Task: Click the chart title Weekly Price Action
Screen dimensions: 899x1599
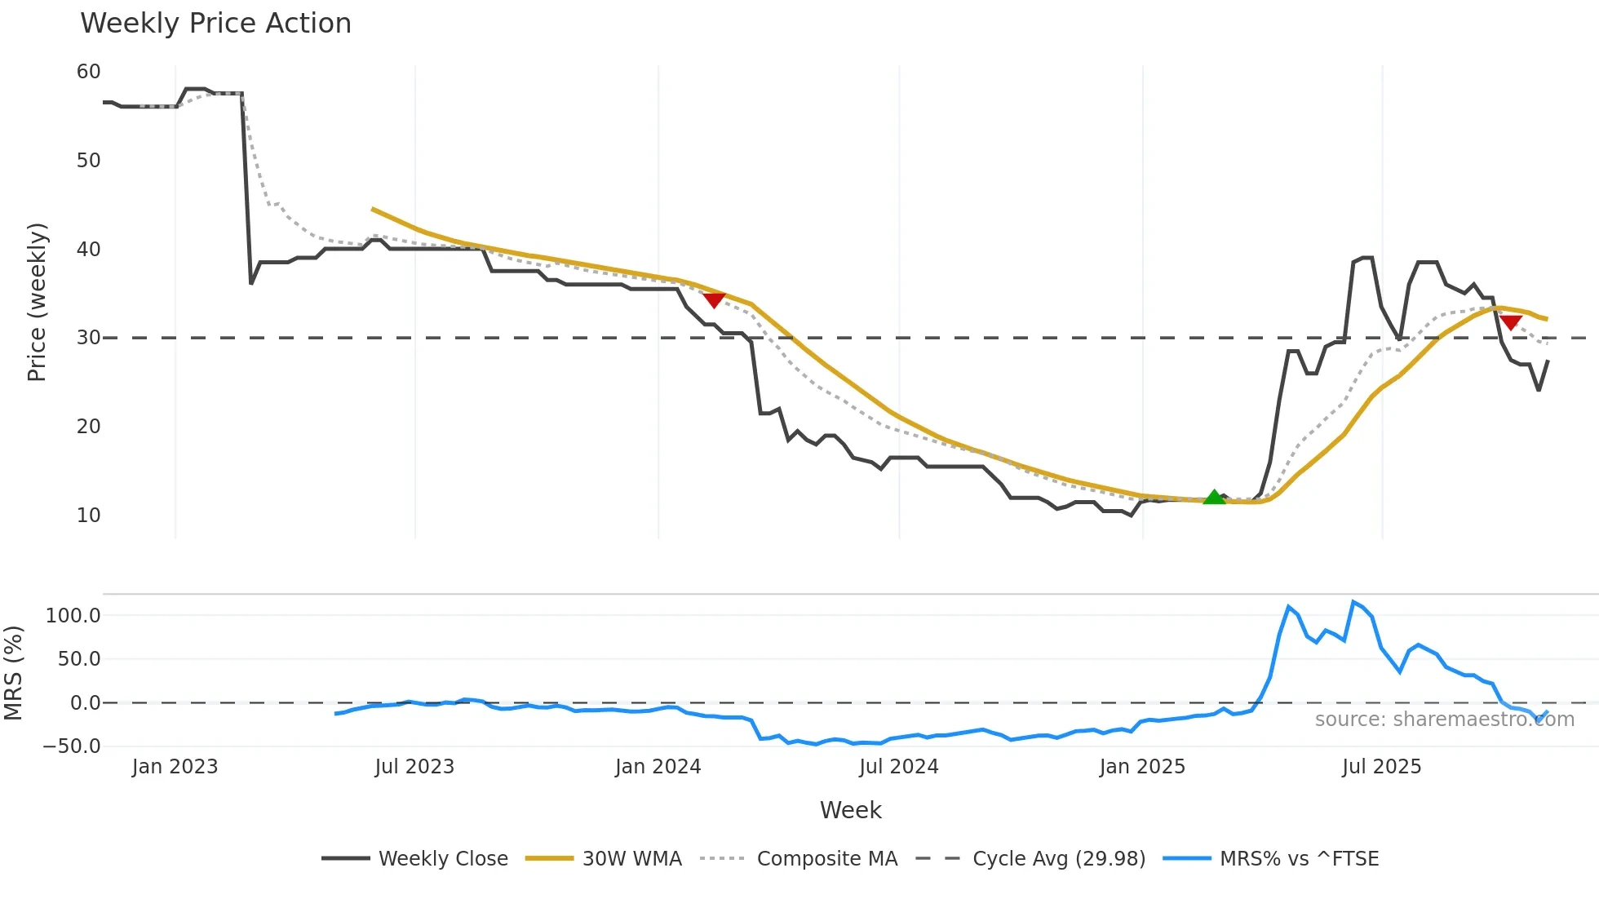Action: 215,24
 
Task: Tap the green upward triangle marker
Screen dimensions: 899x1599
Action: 1214,498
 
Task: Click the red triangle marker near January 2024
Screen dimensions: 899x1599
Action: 714,300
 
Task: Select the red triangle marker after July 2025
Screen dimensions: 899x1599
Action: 1510,322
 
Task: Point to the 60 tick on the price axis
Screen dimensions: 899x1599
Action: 88,72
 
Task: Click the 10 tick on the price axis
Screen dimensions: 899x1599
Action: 88,516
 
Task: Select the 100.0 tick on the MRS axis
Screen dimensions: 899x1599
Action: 73,616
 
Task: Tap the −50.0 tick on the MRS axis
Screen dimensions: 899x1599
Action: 72,746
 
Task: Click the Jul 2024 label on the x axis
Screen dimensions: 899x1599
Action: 898,767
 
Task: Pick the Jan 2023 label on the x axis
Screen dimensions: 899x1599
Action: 175,767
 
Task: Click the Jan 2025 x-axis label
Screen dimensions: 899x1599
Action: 1141,767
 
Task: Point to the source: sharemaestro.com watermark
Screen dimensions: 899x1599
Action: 1444,720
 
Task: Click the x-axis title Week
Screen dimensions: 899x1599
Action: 850,810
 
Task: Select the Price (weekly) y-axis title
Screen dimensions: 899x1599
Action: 37,302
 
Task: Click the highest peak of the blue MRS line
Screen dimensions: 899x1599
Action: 1353,602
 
